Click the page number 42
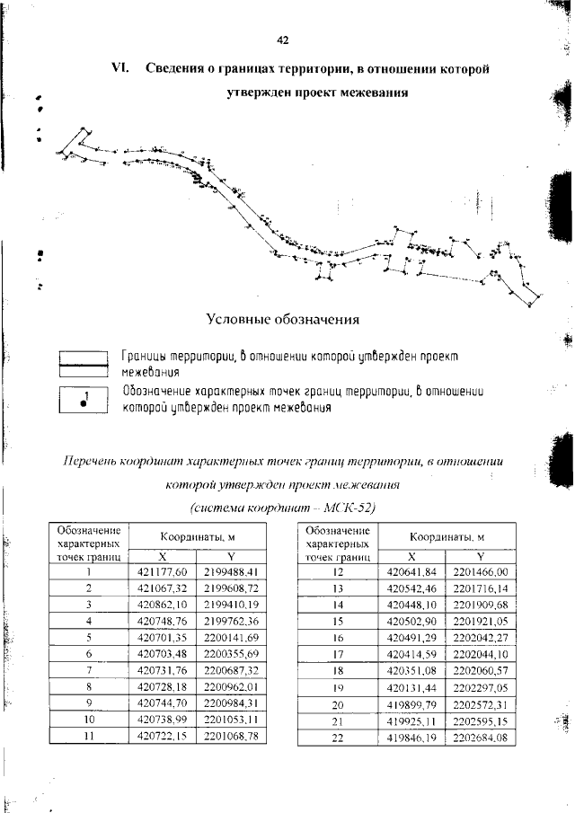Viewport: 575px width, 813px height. pyautogui.click(x=283, y=40)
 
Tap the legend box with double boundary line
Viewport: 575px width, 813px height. pyautogui.click(x=83, y=364)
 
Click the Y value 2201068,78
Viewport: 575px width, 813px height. pyautogui.click(x=230, y=736)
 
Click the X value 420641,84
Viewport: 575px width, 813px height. pyautogui.click(x=410, y=571)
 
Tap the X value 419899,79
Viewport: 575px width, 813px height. pyautogui.click(x=410, y=703)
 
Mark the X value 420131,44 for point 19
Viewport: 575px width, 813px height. pyautogui.click(x=410, y=686)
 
